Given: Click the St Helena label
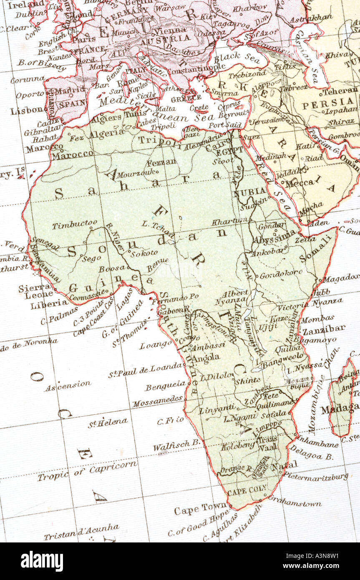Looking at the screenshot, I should pos(108,423).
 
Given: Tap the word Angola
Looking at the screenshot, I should pos(206,358).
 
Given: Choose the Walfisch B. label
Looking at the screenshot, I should pos(177,446).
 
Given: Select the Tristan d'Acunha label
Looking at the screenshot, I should pos(81,532).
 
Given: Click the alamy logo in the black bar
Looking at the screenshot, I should pos(42,561).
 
